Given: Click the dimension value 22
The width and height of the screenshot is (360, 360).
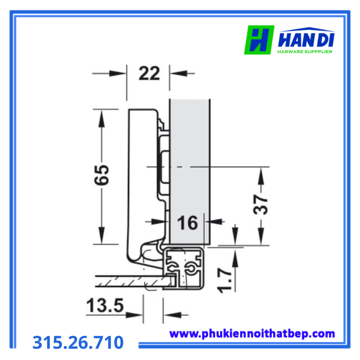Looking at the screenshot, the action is click(149, 73).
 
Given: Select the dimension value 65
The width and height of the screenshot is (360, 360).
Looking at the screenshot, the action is click(102, 175).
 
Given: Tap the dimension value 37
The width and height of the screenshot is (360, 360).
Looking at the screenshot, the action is click(261, 204).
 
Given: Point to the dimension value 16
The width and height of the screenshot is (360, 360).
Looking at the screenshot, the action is click(187, 223).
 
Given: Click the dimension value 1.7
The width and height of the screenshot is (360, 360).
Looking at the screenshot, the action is click(225, 281).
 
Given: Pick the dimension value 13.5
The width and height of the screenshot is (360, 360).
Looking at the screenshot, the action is click(105, 305).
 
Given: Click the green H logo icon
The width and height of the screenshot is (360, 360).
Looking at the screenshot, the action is click(259, 40).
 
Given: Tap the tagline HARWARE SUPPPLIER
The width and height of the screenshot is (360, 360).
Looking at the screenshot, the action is click(305, 51).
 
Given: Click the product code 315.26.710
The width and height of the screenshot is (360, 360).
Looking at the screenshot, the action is click(78, 342).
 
